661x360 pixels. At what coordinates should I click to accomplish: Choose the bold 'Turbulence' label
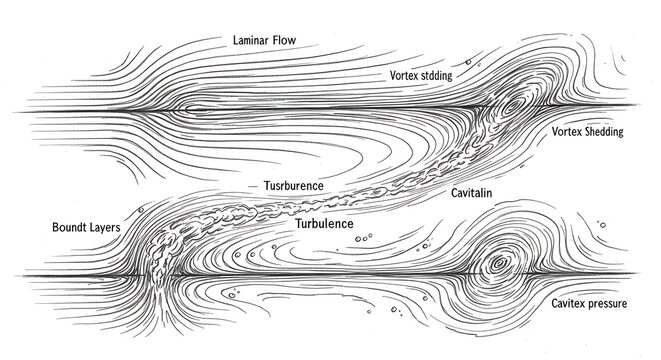tap(325, 223)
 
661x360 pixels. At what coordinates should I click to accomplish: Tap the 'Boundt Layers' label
tap(86, 228)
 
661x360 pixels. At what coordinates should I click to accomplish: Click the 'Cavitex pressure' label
tap(589, 301)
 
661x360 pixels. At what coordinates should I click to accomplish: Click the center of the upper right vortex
tap(513, 104)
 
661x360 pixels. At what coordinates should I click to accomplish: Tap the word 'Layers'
tap(103, 228)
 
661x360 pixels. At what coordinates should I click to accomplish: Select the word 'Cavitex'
tap(568, 301)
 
